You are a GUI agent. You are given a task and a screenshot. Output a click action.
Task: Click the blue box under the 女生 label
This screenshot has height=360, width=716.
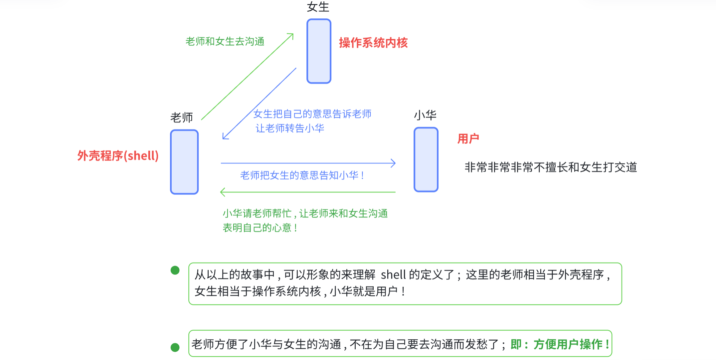tap(319, 51)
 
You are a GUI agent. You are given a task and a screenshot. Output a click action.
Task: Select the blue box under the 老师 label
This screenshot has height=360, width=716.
tap(184, 162)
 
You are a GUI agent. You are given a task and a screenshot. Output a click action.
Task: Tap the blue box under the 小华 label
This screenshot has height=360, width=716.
tap(426, 160)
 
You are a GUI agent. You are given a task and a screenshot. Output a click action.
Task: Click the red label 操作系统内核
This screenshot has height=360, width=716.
tap(373, 43)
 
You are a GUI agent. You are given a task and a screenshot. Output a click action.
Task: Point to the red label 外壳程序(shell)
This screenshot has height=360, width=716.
tap(118, 156)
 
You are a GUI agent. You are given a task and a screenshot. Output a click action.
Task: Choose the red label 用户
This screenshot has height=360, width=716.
tap(468, 139)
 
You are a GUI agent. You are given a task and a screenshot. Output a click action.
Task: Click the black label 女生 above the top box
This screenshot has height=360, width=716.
tap(318, 7)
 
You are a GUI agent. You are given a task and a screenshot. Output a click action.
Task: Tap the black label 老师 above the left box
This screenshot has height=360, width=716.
tap(182, 118)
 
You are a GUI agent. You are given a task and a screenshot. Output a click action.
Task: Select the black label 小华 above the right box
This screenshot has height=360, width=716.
tap(425, 115)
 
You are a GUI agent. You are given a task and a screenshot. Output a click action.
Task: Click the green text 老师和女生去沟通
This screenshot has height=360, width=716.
tap(225, 41)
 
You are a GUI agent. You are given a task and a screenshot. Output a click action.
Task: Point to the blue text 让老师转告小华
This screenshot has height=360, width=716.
tap(289, 128)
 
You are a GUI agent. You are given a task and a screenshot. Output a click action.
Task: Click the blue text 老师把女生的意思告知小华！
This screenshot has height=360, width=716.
tap(302, 175)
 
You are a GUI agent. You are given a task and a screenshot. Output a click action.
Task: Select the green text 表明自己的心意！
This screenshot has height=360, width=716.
tap(260, 228)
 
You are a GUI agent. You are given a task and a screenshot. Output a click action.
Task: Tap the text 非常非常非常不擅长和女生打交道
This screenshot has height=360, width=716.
tap(551, 167)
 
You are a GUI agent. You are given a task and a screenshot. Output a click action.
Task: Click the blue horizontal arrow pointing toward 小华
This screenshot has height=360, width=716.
tap(308, 163)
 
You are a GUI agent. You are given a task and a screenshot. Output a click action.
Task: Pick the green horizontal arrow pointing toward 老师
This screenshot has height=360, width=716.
tap(308, 192)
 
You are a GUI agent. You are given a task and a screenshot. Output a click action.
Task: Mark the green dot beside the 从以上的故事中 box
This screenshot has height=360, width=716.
tap(175, 270)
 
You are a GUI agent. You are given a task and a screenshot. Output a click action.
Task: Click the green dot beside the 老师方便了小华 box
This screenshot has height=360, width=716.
tap(175, 347)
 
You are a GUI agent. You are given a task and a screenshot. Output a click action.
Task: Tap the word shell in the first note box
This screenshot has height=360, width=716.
tap(393, 275)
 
